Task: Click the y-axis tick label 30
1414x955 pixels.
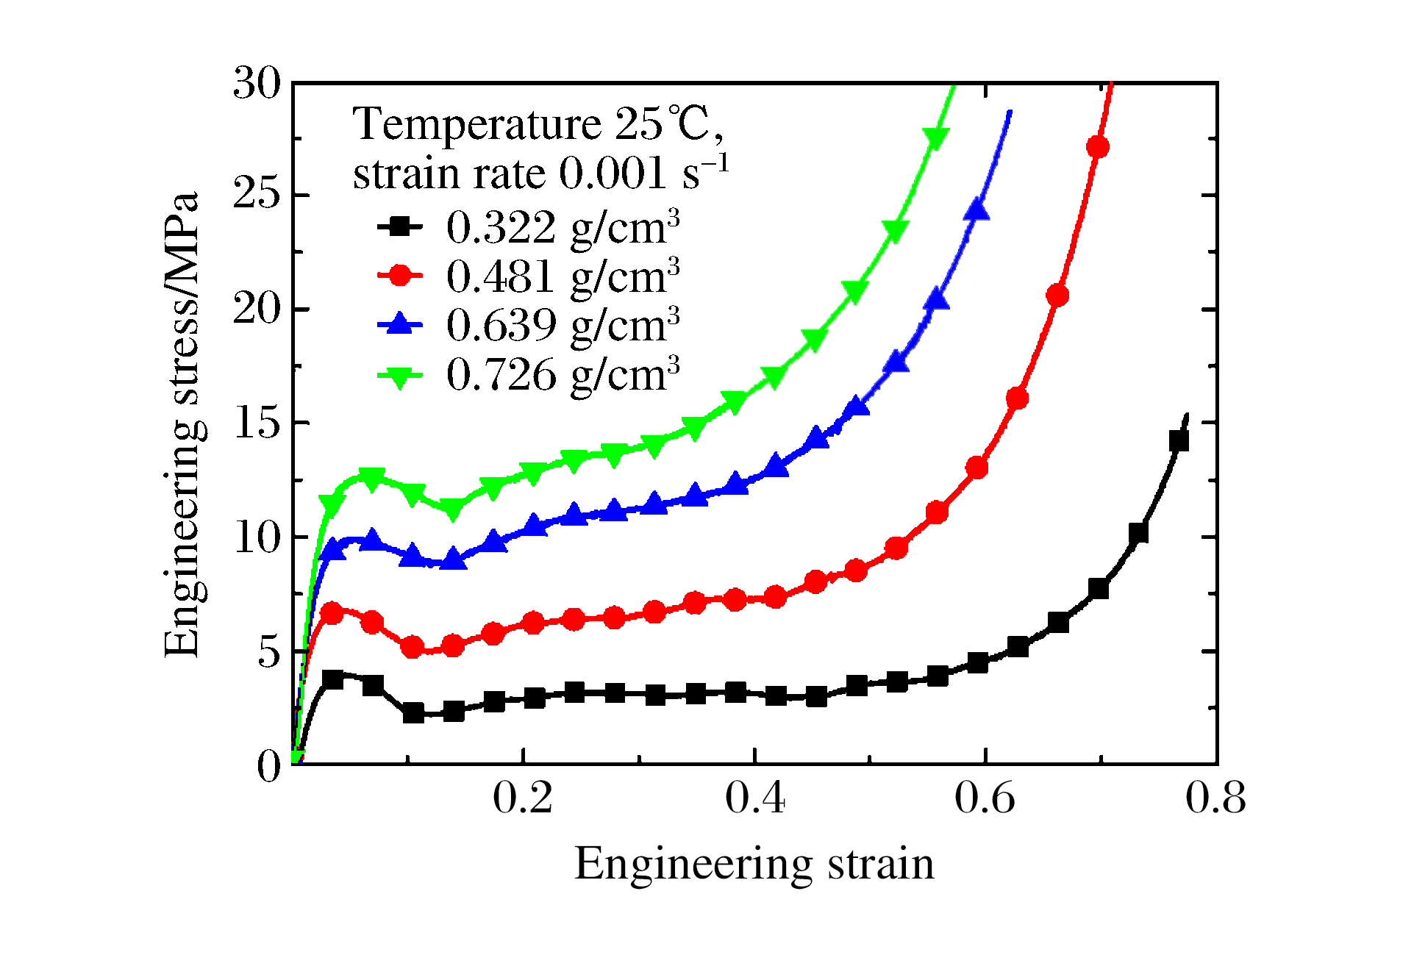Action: [257, 82]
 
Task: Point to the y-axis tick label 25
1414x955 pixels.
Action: [257, 195]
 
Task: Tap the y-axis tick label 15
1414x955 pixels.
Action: [257, 423]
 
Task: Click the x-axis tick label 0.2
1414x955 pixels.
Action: [522, 798]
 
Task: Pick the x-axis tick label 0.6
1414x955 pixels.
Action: [985, 798]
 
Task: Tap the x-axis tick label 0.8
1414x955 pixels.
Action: [1215, 798]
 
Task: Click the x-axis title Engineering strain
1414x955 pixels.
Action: [754, 864]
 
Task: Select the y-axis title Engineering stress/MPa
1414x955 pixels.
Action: [182, 424]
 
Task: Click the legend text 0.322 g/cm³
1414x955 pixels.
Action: [563, 227]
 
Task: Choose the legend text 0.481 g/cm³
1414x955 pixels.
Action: [563, 276]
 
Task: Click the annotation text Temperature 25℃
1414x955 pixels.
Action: [538, 124]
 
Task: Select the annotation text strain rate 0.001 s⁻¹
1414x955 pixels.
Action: [540, 174]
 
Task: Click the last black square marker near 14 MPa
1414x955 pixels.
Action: [1179, 441]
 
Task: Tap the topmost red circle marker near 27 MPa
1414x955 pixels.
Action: [1097, 147]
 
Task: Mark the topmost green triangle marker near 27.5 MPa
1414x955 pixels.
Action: [936, 137]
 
